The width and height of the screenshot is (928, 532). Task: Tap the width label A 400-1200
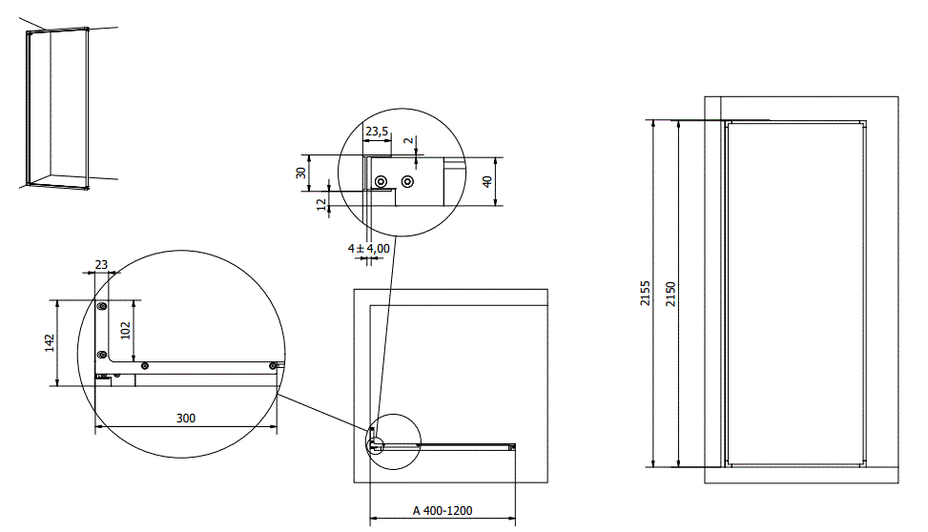pyautogui.click(x=443, y=511)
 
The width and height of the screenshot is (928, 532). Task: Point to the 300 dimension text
pyautogui.click(x=187, y=419)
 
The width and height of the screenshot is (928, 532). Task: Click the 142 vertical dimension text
pyautogui.click(x=51, y=343)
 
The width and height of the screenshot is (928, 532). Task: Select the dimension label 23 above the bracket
pyautogui.click(x=101, y=264)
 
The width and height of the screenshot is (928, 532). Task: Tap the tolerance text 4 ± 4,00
pyautogui.click(x=369, y=248)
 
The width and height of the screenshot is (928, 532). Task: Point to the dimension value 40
pyautogui.click(x=486, y=181)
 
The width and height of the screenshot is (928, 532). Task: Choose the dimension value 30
pyautogui.click(x=301, y=173)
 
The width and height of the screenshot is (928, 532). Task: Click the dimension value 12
pyautogui.click(x=321, y=202)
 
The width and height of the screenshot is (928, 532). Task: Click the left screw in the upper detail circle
pyautogui.click(x=381, y=181)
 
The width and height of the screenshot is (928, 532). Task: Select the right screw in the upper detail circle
pyautogui.click(x=407, y=181)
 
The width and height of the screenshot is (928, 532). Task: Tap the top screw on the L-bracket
pyautogui.click(x=101, y=307)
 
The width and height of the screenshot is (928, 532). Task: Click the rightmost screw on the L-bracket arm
pyautogui.click(x=273, y=364)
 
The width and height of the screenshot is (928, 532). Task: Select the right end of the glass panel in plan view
pyautogui.click(x=512, y=446)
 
